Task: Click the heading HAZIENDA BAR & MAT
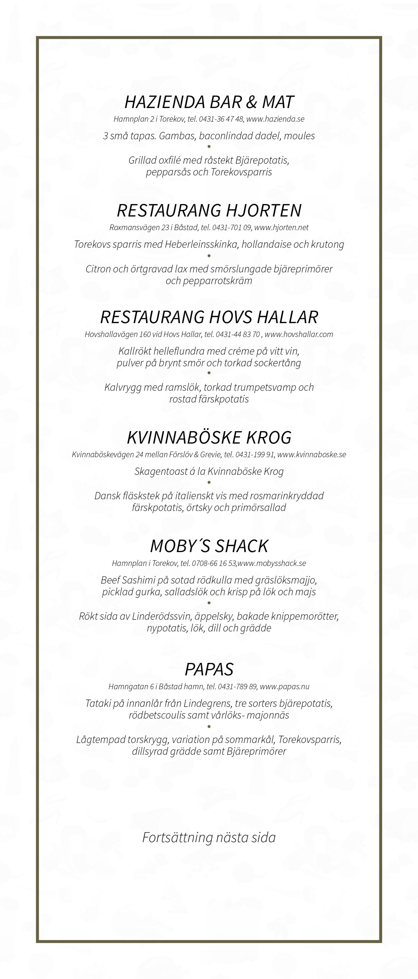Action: [x=209, y=102]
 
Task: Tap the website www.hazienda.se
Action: [x=275, y=119]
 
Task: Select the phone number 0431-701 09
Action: [x=232, y=228]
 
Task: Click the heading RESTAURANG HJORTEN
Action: [x=209, y=210]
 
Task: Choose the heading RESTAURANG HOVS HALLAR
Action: [x=209, y=317]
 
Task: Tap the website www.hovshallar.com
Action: [x=299, y=335]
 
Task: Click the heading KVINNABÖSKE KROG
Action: [x=209, y=437]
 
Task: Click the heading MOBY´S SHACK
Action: [x=209, y=546]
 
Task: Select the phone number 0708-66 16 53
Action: [x=214, y=563]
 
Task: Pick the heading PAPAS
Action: [x=209, y=669]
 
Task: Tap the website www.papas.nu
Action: [x=284, y=686]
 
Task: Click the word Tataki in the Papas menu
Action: [x=98, y=703]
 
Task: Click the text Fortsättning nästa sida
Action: [x=209, y=837]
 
